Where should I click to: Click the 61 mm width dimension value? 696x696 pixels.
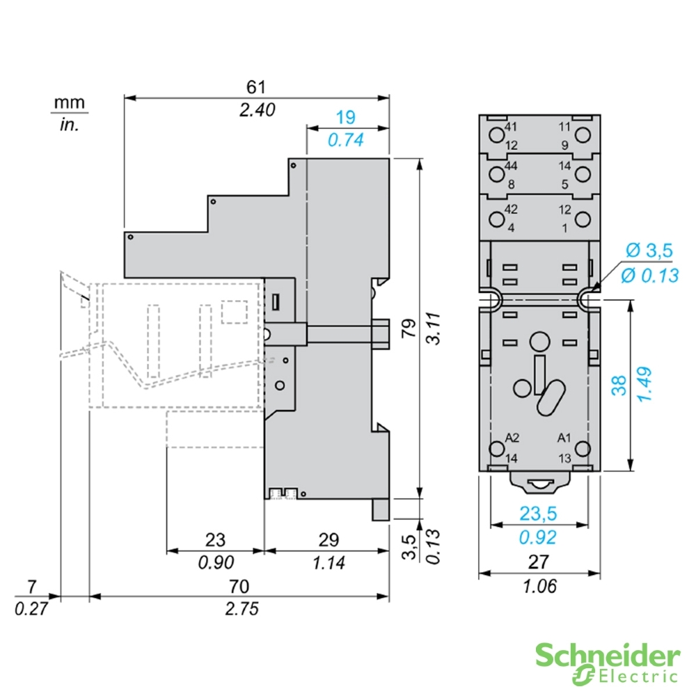[x=256, y=87]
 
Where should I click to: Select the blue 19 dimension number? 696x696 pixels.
[x=345, y=117]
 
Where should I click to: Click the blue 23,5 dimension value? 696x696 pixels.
[x=539, y=514]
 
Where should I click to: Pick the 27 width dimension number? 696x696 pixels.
[x=539, y=561]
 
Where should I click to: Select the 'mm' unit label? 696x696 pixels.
[x=70, y=103]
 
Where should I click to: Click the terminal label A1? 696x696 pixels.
[x=564, y=438]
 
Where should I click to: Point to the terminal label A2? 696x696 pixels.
[x=512, y=438]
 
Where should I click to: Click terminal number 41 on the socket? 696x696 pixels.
[x=512, y=127]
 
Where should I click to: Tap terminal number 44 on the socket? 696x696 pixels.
[x=512, y=166]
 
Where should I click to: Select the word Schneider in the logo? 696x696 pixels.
[x=607, y=655]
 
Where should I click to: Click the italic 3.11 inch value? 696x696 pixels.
[x=433, y=328]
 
